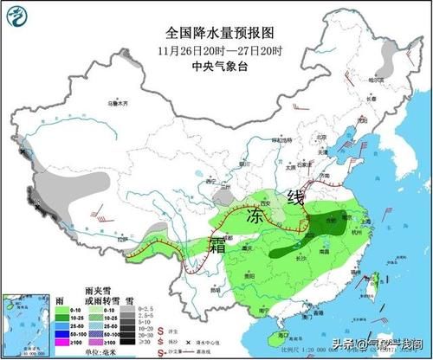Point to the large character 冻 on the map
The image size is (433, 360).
(x=254, y=213)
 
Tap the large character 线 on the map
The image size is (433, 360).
(x=296, y=196)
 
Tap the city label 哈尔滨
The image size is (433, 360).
(x=376, y=78)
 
